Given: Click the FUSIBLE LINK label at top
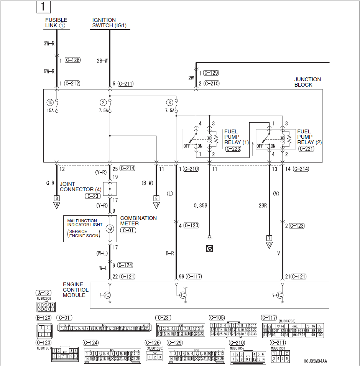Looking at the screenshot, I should [56, 23].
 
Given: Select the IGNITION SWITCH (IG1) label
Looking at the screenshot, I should [109, 23].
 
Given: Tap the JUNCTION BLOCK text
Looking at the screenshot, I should [307, 82].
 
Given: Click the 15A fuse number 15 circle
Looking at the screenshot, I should [50, 102].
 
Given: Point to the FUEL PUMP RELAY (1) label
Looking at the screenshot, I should [236, 137].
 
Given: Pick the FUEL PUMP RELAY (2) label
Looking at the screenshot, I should [309, 137].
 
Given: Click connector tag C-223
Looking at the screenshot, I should [233, 149].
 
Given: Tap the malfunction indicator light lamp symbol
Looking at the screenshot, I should [110, 228].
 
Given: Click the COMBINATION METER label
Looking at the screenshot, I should [138, 220].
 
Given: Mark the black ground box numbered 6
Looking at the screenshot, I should [209, 248].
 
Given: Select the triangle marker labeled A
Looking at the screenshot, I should [57, 205].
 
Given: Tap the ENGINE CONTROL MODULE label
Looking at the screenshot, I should [76, 290].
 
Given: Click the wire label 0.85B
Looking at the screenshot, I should [201, 205].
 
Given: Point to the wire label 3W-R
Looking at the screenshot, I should [49, 44].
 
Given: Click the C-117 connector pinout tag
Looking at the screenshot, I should [269, 318].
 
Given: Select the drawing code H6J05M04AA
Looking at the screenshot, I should [316, 361].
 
